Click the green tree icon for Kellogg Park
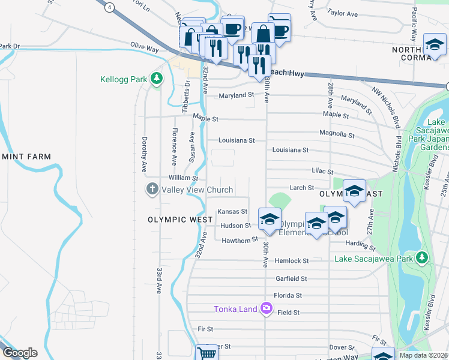coord(156,79)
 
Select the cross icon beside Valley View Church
coord(151,190)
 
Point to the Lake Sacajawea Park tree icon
coord(422,257)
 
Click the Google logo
coord(19,353)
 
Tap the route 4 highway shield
coord(109,7)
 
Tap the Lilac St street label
coord(322,172)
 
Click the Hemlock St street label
coord(291,261)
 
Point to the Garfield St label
coord(291,278)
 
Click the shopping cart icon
coord(206,353)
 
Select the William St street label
coord(183,178)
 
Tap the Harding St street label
coord(360,245)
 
